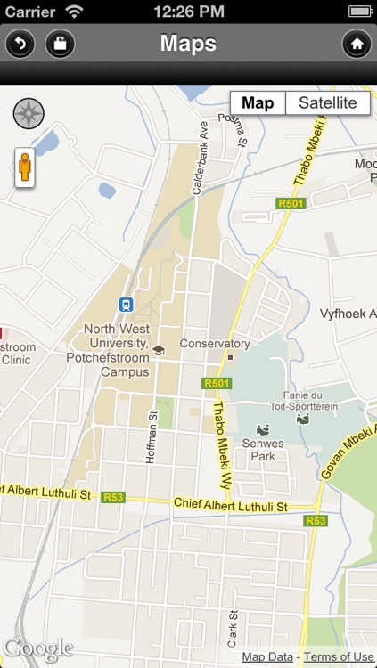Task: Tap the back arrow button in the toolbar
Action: click(20, 43)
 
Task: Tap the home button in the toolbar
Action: click(357, 43)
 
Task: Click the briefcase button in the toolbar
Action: click(60, 43)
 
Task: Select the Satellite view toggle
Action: click(327, 103)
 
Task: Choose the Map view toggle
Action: click(258, 103)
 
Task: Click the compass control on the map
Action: click(29, 113)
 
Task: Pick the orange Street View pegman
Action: click(24, 167)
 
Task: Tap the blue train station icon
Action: click(126, 304)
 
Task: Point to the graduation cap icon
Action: click(159, 350)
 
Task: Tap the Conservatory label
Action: click(215, 344)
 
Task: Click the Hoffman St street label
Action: click(152, 436)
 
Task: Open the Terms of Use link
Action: click(339, 657)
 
